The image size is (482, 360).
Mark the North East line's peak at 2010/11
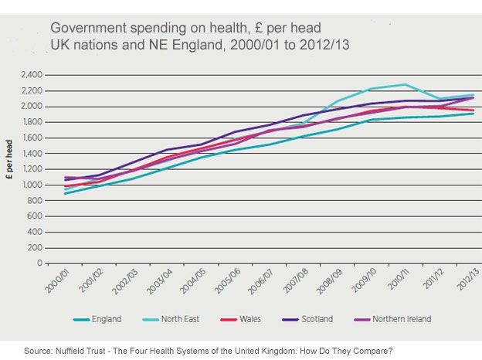(406, 84)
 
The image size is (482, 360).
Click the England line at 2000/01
(65, 193)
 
